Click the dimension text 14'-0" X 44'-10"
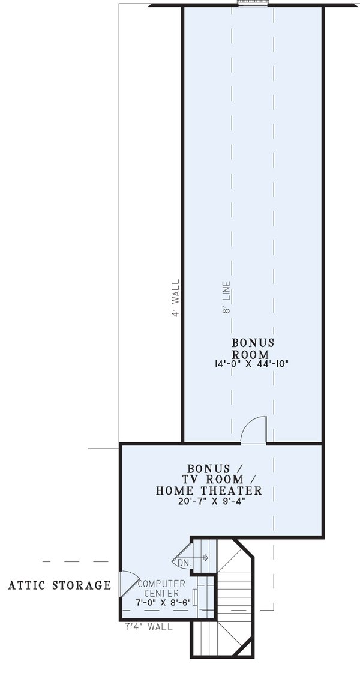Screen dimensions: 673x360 [253, 364]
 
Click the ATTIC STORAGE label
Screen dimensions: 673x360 [59, 585]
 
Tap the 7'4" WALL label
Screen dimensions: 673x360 [148, 627]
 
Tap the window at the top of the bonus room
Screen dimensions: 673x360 [253, 3]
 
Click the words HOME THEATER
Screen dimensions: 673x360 [209, 491]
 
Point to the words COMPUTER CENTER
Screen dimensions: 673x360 [161, 588]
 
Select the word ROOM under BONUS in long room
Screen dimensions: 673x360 [253, 354]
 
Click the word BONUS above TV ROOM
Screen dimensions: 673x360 [209, 468]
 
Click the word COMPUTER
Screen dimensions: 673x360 [161, 584]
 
